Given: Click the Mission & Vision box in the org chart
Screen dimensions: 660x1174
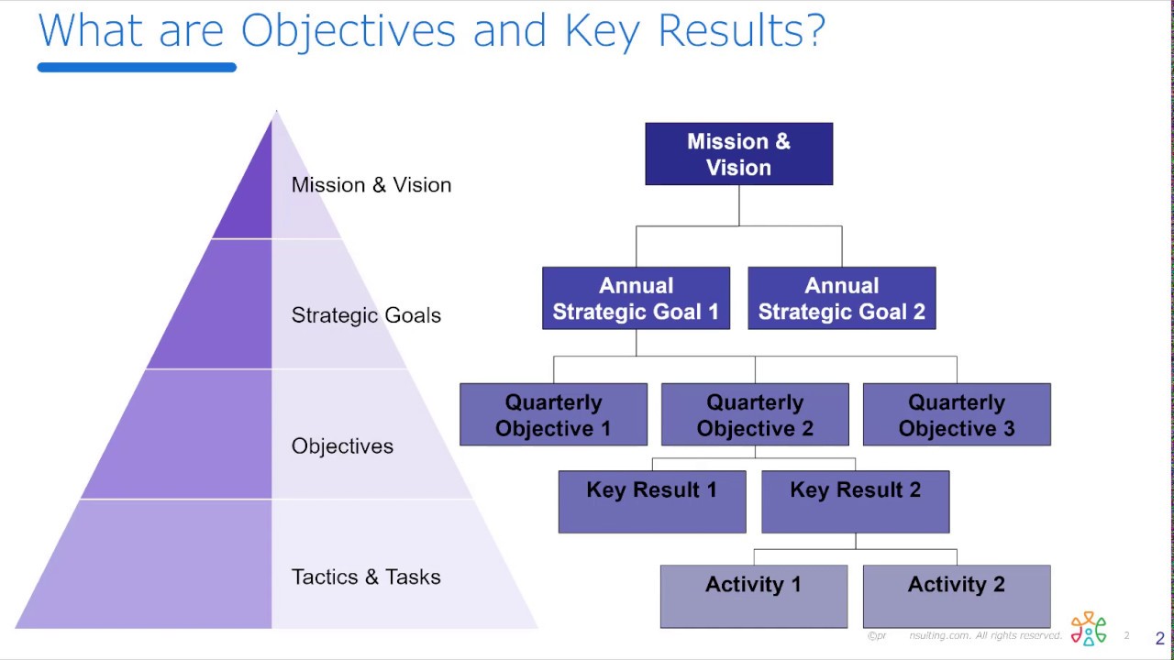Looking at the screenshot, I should [x=738, y=154].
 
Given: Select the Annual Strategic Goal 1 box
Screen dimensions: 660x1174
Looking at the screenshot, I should [x=636, y=298].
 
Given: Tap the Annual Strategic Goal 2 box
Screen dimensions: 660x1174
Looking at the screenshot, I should [x=841, y=298].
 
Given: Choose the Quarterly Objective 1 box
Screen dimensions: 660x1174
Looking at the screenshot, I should [x=553, y=414].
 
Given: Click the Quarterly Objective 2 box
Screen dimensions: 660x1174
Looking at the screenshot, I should [x=755, y=414].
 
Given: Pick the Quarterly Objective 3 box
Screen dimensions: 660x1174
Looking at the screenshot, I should [x=957, y=414].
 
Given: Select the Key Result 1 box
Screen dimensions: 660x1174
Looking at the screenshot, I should [x=652, y=501].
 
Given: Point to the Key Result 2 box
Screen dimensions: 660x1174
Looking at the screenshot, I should [x=855, y=501].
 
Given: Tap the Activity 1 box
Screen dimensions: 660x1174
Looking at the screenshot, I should [x=753, y=596].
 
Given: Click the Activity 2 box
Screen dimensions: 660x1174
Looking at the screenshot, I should [x=957, y=596].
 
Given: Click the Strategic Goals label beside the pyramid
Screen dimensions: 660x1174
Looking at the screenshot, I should [x=366, y=315].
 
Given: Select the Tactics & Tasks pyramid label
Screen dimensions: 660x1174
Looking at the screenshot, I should [x=366, y=577].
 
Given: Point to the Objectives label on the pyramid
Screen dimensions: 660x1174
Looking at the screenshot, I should [x=342, y=446].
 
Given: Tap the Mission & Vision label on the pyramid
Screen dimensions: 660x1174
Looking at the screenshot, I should [x=371, y=185].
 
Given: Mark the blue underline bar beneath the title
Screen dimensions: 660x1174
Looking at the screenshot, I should [x=137, y=67].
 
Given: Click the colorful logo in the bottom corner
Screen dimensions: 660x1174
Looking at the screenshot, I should [x=1089, y=629].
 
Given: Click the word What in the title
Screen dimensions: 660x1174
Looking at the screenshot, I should [x=93, y=30].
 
